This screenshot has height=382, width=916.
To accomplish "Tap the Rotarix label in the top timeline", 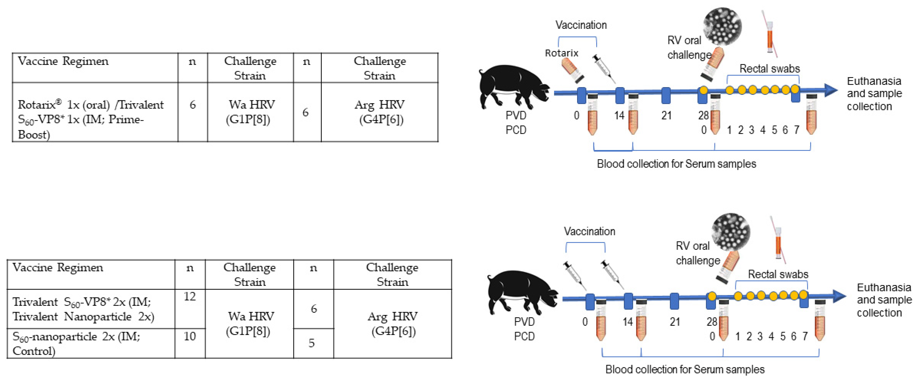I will (561, 53).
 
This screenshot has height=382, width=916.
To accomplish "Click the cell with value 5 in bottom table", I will (312, 343).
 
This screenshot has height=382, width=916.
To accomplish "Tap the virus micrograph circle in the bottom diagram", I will (731, 232).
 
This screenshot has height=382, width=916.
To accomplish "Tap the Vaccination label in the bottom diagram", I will (589, 231).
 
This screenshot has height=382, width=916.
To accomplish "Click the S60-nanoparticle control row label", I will (77, 343).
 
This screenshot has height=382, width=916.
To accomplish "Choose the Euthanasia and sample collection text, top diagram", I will (874, 94).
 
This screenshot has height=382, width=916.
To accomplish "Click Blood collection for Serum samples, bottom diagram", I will (684, 369).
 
